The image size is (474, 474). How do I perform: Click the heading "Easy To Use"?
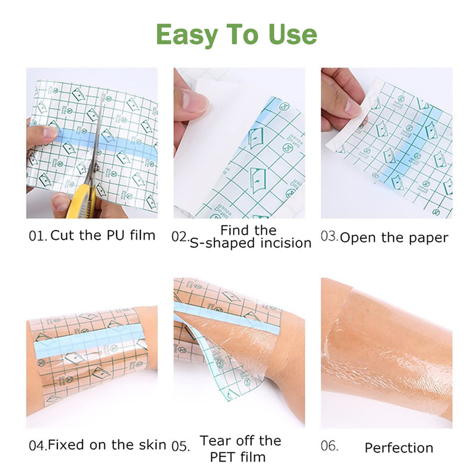pyautogui.click(x=236, y=34)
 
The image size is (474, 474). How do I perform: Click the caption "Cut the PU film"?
pyautogui.click(x=103, y=235)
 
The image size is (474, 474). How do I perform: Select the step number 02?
pyautogui.click(x=180, y=236)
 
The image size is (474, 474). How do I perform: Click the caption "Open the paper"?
pyautogui.click(x=394, y=238)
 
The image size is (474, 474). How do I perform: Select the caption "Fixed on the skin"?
pyautogui.click(x=107, y=444)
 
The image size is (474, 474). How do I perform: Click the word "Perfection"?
pyautogui.click(x=399, y=448)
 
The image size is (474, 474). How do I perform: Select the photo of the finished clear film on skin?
pyautogui.click(x=386, y=353)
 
